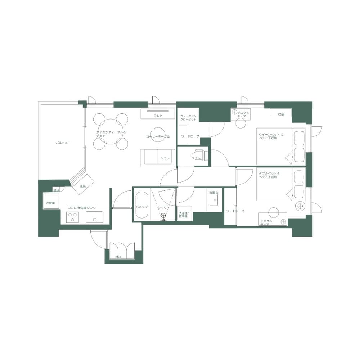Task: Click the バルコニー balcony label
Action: tap(63, 143)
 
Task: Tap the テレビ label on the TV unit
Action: tap(158, 116)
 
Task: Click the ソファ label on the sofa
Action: tap(165, 158)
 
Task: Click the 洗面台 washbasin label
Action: tap(213, 193)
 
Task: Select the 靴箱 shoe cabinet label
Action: tap(118, 257)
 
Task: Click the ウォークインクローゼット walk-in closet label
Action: tap(188, 118)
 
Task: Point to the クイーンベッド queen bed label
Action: tap(271, 136)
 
